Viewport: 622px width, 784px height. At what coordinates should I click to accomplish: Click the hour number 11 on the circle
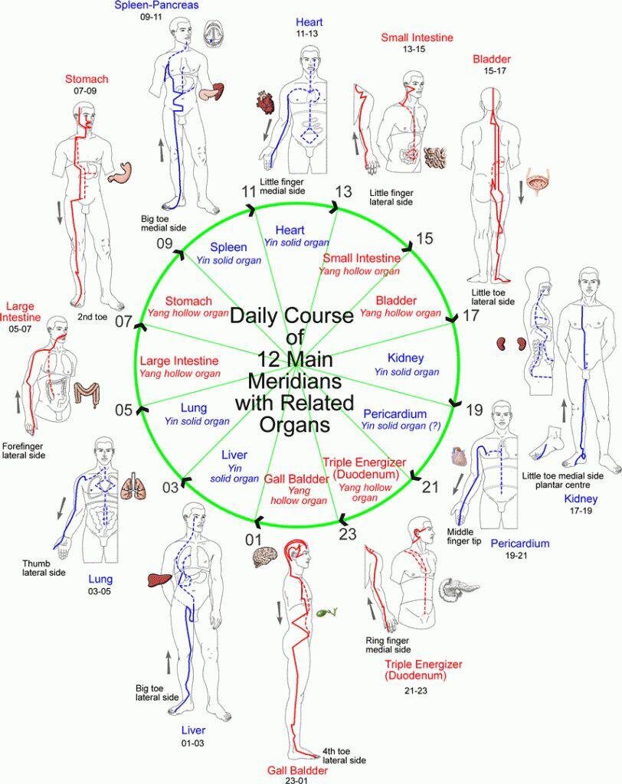pos(247,191)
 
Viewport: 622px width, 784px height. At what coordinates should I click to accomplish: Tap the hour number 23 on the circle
pos(348,534)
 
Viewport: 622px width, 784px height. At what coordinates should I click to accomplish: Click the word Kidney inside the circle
pos(406,358)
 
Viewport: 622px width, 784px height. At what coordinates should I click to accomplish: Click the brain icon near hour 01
pos(264,557)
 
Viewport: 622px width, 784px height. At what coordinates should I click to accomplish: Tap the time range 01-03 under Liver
pos(194,743)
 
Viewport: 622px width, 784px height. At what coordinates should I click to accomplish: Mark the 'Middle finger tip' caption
pos(464,535)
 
